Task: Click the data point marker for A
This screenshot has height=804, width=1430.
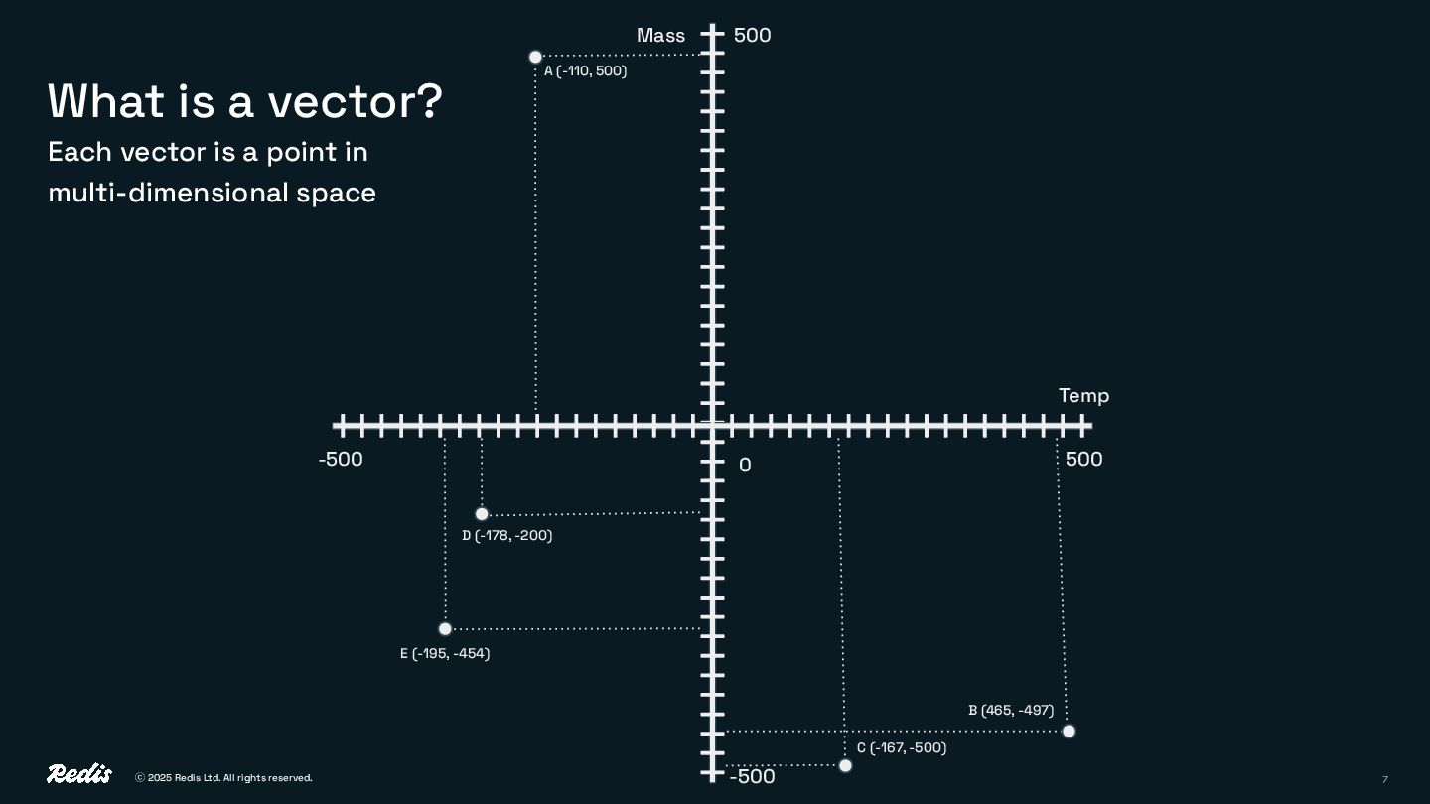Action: [535, 57]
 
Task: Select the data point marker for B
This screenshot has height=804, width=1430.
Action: [1069, 732]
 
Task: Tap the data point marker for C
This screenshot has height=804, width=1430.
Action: [845, 765]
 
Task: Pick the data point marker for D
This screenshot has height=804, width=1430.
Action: [482, 514]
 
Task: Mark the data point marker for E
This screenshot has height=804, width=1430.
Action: [445, 629]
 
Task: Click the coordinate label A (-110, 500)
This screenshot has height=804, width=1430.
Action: [586, 71]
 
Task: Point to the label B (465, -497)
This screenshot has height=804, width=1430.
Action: [1011, 711]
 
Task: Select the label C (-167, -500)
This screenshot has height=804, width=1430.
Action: [902, 748]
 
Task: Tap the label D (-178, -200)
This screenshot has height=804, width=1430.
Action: [507, 536]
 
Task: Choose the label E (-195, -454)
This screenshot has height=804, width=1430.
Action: [445, 654]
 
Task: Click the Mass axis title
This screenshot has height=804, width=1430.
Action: [660, 36]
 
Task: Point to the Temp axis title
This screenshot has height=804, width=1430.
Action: [1083, 396]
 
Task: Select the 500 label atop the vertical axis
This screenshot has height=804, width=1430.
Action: [752, 36]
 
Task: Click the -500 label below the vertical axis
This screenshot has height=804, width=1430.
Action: [752, 777]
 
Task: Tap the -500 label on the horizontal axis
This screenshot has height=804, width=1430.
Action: [341, 460]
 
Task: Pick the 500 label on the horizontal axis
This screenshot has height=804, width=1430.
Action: [1083, 460]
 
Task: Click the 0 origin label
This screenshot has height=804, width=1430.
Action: [745, 466]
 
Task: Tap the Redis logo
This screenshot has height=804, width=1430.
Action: [79, 774]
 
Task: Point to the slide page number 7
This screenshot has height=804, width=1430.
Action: [1384, 779]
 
